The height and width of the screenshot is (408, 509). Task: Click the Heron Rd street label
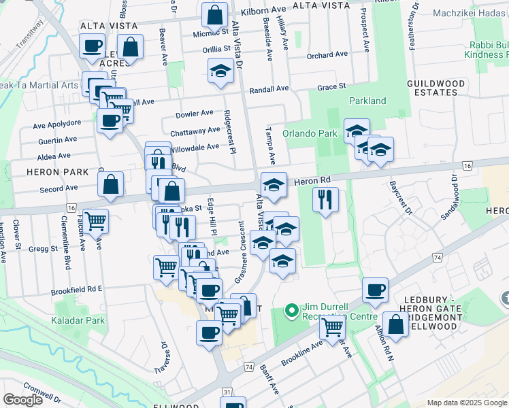pos(312,180)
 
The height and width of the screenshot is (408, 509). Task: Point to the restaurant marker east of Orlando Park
pos(326,199)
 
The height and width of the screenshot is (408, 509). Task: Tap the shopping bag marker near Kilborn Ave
pos(214,14)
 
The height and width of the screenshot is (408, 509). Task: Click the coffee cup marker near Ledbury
pos(375,290)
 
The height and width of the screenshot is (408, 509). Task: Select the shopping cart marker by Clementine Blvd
pos(96,220)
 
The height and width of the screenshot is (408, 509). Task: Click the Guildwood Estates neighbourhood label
pos(436,87)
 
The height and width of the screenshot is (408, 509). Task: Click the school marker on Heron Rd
pos(273,184)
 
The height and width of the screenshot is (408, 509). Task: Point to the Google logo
pos(22,400)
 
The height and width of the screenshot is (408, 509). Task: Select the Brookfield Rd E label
pos(76,288)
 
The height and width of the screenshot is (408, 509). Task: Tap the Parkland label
pos(367,101)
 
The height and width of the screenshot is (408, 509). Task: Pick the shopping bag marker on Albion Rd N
pos(395,324)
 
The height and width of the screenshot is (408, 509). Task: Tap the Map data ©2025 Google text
pos(466,403)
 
